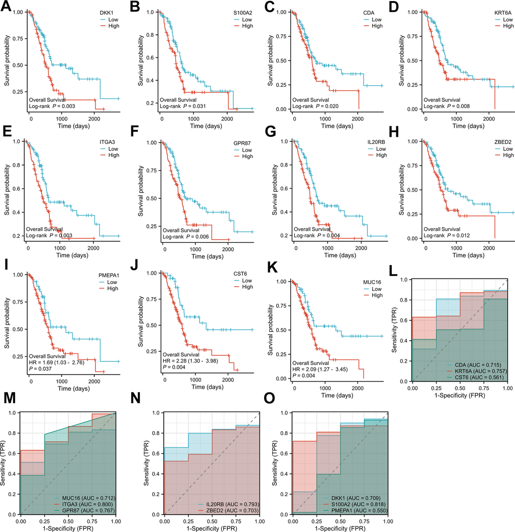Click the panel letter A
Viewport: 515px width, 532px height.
pos(8,9)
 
